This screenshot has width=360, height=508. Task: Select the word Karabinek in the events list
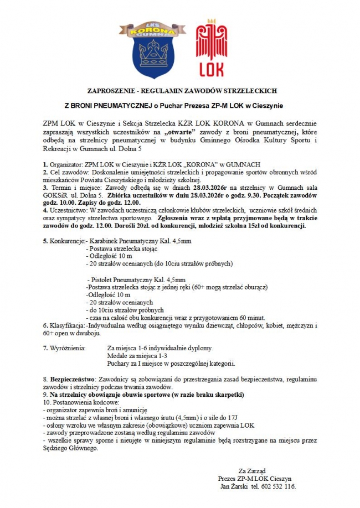[x=102, y=241]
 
